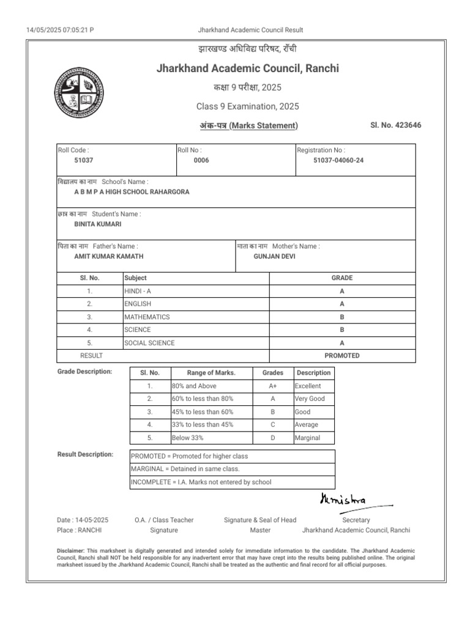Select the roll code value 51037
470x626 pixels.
click(x=84, y=160)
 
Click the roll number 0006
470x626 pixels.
click(x=201, y=160)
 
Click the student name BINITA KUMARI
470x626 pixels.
click(x=94, y=224)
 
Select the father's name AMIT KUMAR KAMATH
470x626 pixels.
click(x=109, y=257)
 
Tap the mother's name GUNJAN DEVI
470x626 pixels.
click(x=274, y=257)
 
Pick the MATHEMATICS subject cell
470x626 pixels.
click(x=147, y=317)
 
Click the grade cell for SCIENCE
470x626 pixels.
click(x=342, y=330)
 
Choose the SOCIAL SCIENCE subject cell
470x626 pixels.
click(x=149, y=343)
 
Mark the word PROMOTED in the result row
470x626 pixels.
click(x=342, y=356)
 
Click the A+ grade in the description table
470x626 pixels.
click(x=273, y=386)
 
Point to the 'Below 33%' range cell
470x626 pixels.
click(x=188, y=438)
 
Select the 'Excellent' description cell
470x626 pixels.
click(x=308, y=386)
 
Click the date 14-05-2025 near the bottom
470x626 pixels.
click(x=91, y=520)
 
